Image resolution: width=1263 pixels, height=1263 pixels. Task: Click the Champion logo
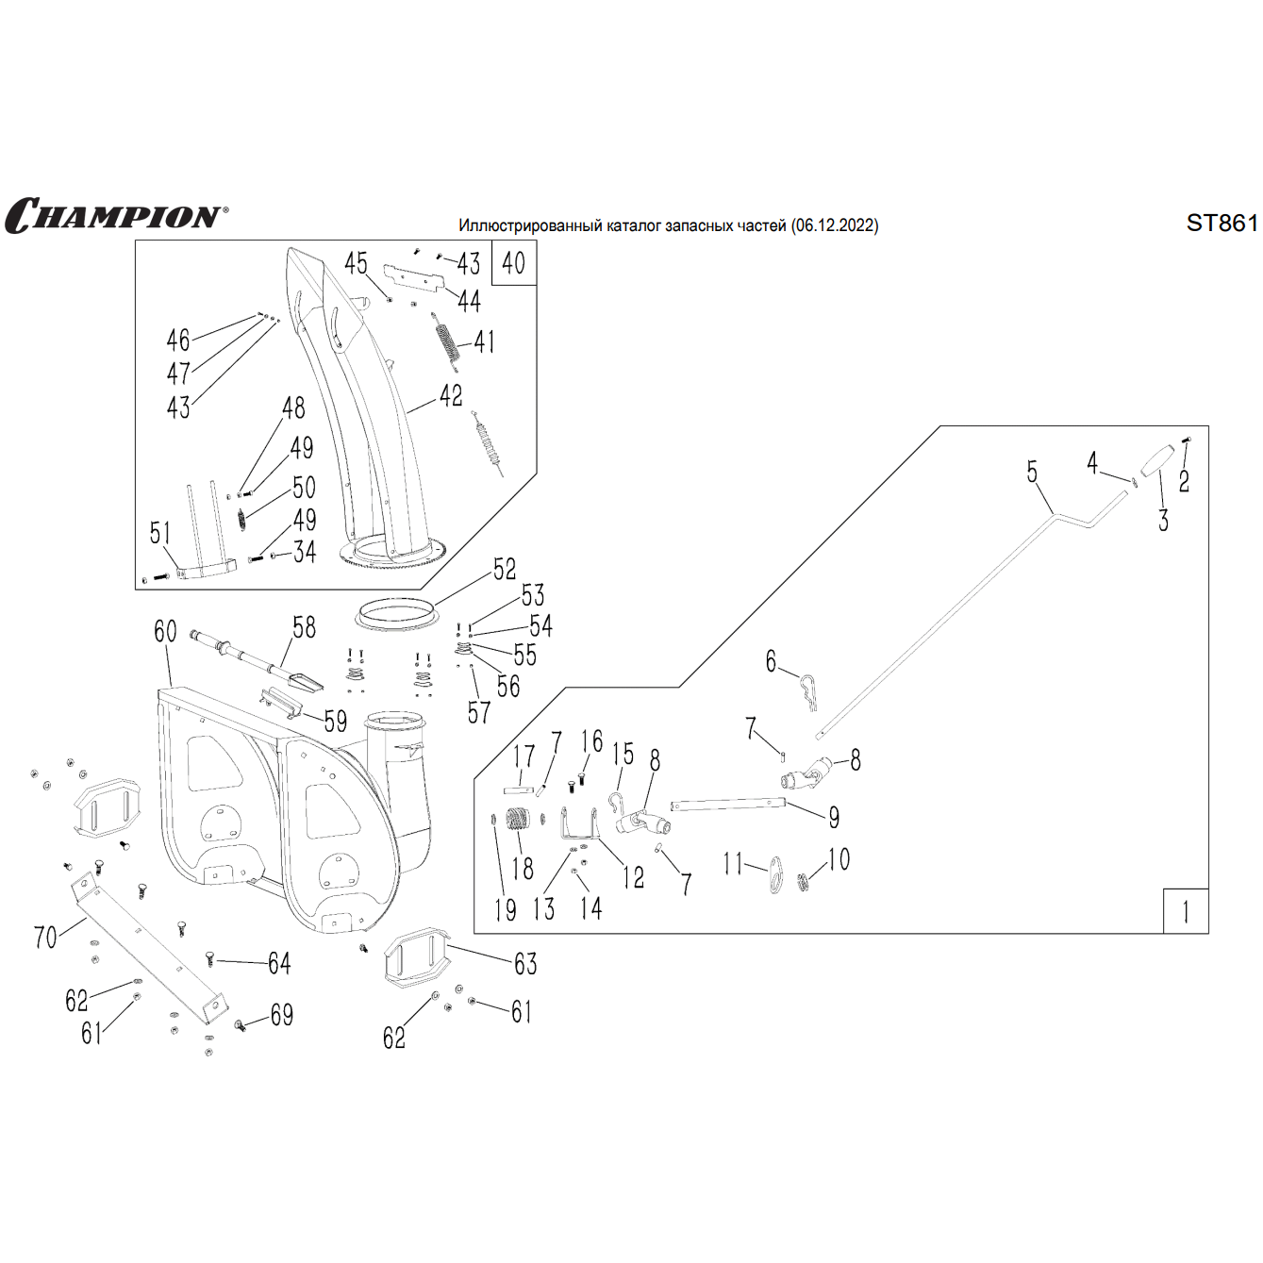[x=116, y=216]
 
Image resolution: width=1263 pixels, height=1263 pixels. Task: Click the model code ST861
[x=1221, y=223]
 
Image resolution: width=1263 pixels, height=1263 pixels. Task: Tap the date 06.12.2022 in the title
[x=835, y=225]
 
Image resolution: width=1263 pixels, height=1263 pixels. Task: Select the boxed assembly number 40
[x=514, y=263]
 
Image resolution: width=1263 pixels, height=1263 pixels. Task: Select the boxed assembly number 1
[x=1186, y=911]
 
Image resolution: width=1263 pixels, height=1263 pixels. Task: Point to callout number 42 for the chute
[x=451, y=396]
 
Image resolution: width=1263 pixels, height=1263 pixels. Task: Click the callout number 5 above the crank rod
[x=1032, y=472]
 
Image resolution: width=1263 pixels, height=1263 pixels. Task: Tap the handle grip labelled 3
[x=1155, y=460]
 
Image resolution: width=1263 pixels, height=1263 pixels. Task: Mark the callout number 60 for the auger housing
[x=165, y=631]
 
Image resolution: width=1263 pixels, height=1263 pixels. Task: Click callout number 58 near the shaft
[x=304, y=627]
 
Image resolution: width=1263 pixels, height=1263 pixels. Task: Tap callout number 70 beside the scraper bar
[x=45, y=937]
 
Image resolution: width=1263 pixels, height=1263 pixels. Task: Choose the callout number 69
[x=281, y=1015]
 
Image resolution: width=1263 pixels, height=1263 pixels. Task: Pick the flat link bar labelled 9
[x=726, y=805]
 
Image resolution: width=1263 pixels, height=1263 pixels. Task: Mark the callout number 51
[x=160, y=533]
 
